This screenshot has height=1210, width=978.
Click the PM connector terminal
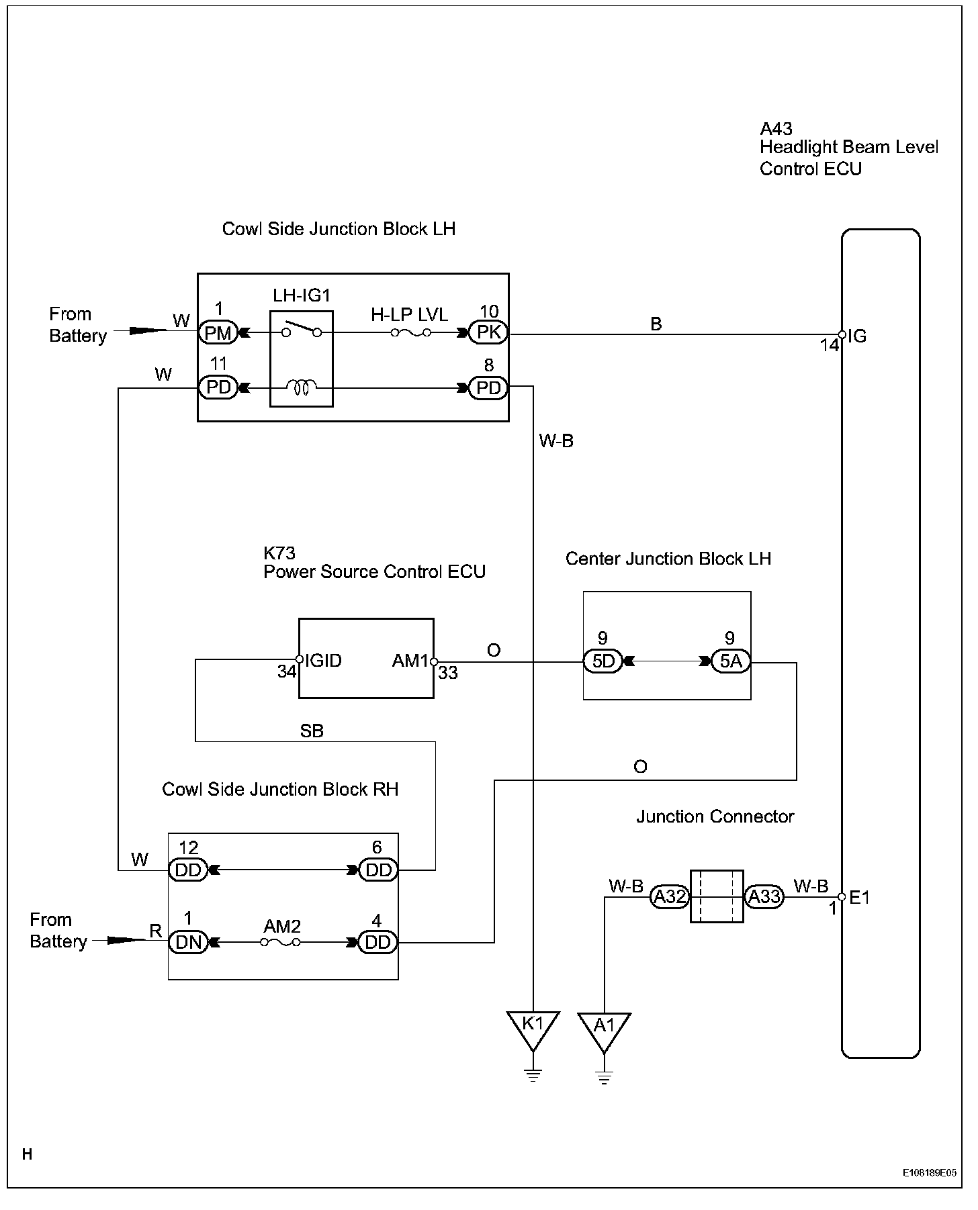(218, 332)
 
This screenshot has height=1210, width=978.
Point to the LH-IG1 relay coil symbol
(302, 387)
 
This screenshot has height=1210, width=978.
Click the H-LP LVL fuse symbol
(411, 332)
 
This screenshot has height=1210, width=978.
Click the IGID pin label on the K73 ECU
(323, 661)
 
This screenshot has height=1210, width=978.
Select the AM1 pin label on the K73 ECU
(410, 661)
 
